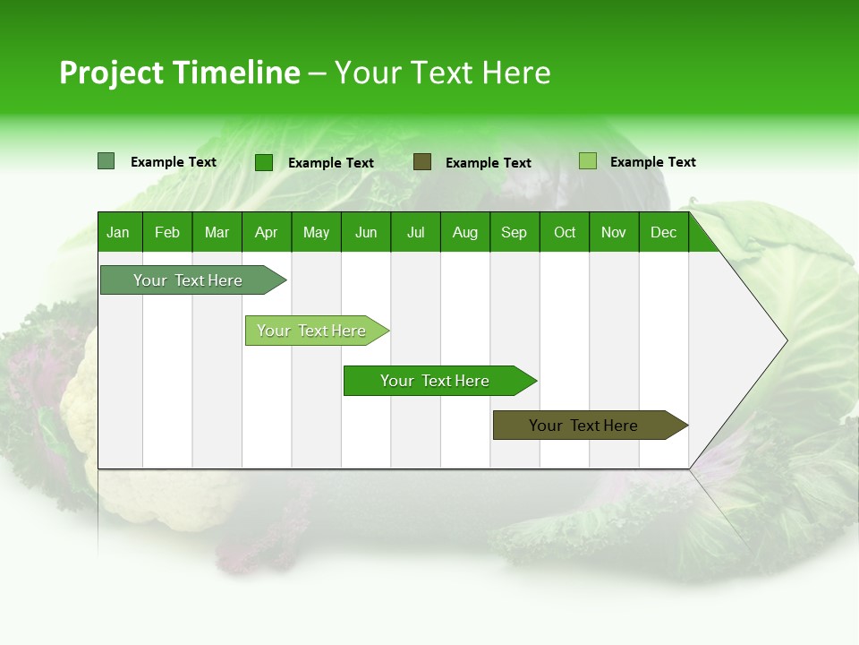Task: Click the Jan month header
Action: point(118,232)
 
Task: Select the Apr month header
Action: point(266,232)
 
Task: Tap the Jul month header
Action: point(415,232)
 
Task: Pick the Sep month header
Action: point(514,232)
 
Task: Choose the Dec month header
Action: point(663,232)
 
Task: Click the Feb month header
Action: point(167,232)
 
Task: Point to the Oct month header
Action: point(565,232)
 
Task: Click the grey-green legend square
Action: point(106,161)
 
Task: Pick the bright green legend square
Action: point(264,162)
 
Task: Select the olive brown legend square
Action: point(422,162)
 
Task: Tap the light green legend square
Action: point(587,161)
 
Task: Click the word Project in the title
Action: point(112,73)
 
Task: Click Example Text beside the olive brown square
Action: point(488,163)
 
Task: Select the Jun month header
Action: point(366,232)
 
